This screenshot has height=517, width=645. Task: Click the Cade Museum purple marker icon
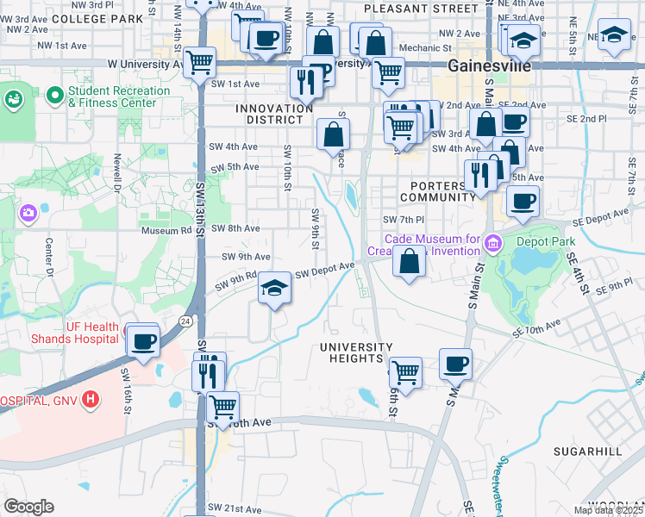(x=492, y=244)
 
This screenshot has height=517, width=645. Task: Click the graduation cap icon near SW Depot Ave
(x=274, y=288)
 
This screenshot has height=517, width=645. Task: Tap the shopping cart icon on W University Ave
(x=199, y=61)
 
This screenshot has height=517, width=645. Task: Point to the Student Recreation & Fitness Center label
(x=118, y=97)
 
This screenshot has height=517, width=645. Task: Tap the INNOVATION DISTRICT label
(x=274, y=114)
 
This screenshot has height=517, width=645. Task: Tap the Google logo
(x=28, y=507)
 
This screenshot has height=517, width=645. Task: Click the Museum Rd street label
(x=167, y=230)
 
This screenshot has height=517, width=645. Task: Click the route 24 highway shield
(x=185, y=321)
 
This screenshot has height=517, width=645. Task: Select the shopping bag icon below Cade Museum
(x=409, y=262)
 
